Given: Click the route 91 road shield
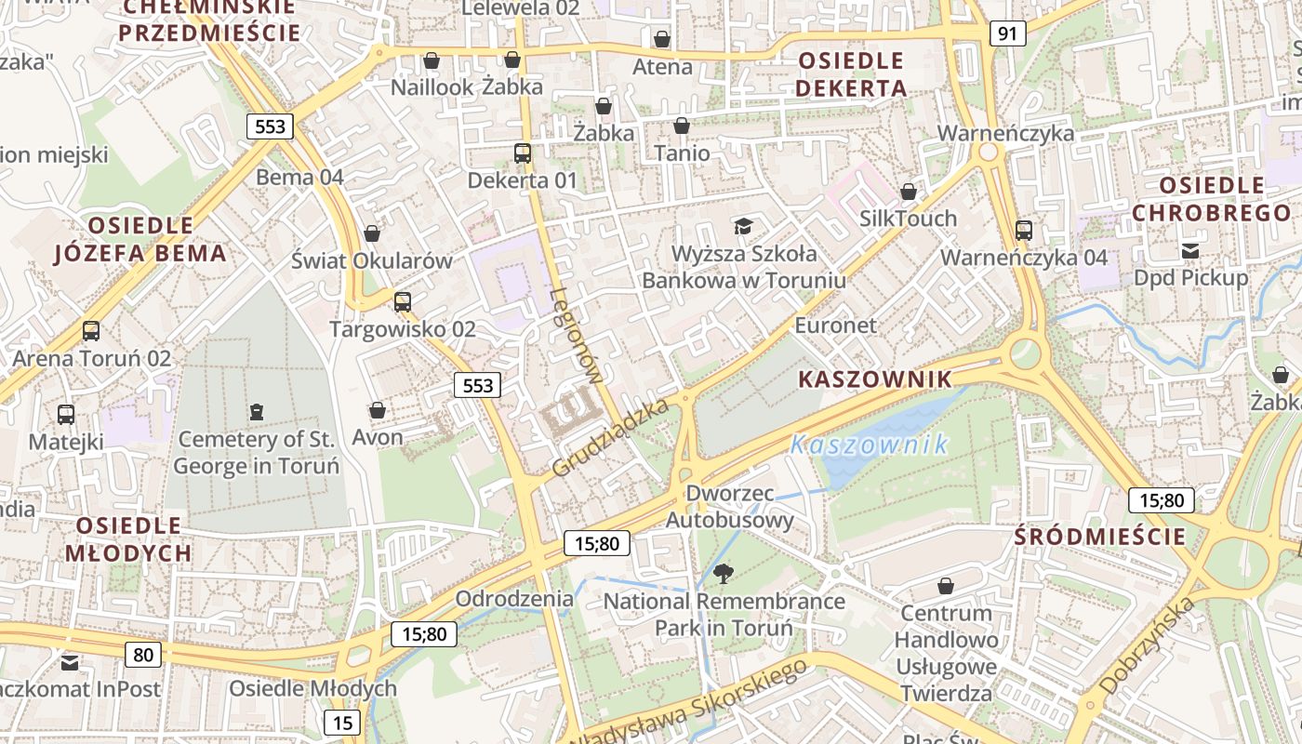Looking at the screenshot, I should pyautogui.click(x=1007, y=34).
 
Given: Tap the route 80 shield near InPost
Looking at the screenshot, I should pyautogui.click(x=143, y=655).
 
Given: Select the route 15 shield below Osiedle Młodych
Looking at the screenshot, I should pyautogui.click(x=342, y=722).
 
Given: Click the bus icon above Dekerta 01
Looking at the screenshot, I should pyautogui.click(x=523, y=153).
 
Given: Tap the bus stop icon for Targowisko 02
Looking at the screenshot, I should pyautogui.click(x=403, y=301).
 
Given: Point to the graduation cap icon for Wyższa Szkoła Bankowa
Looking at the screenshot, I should pyautogui.click(x=743, y=226).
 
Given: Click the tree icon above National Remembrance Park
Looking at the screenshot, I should pyautogui.click(x=722, y=574).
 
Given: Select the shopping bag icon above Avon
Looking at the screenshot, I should pyautogui.click(x=378, y=410).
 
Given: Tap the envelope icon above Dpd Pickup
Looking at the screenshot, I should pyautogui.click(x=1190, y=250).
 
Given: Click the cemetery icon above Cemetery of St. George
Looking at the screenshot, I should pyautogui.click(x=257, y=411).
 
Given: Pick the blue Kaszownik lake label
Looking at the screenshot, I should pyautogui.click(x=870, y=445).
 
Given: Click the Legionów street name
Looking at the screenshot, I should pyautogui.click(x=577, y=335).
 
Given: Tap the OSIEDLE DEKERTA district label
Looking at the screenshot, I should pyautogui.click(x=852, y=74).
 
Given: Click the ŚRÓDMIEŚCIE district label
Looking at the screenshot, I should pyautogui.click(x=1100, y=537).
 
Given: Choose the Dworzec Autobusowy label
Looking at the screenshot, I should pyautogui.click(x=730, y=506).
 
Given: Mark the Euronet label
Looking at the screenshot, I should pyautogui.click(x=835, y=325).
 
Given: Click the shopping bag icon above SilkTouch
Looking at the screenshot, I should pyautogui.click(x=909, y=192).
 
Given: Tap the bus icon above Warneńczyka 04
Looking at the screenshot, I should pyautogui.click(x=1024, y=230).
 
